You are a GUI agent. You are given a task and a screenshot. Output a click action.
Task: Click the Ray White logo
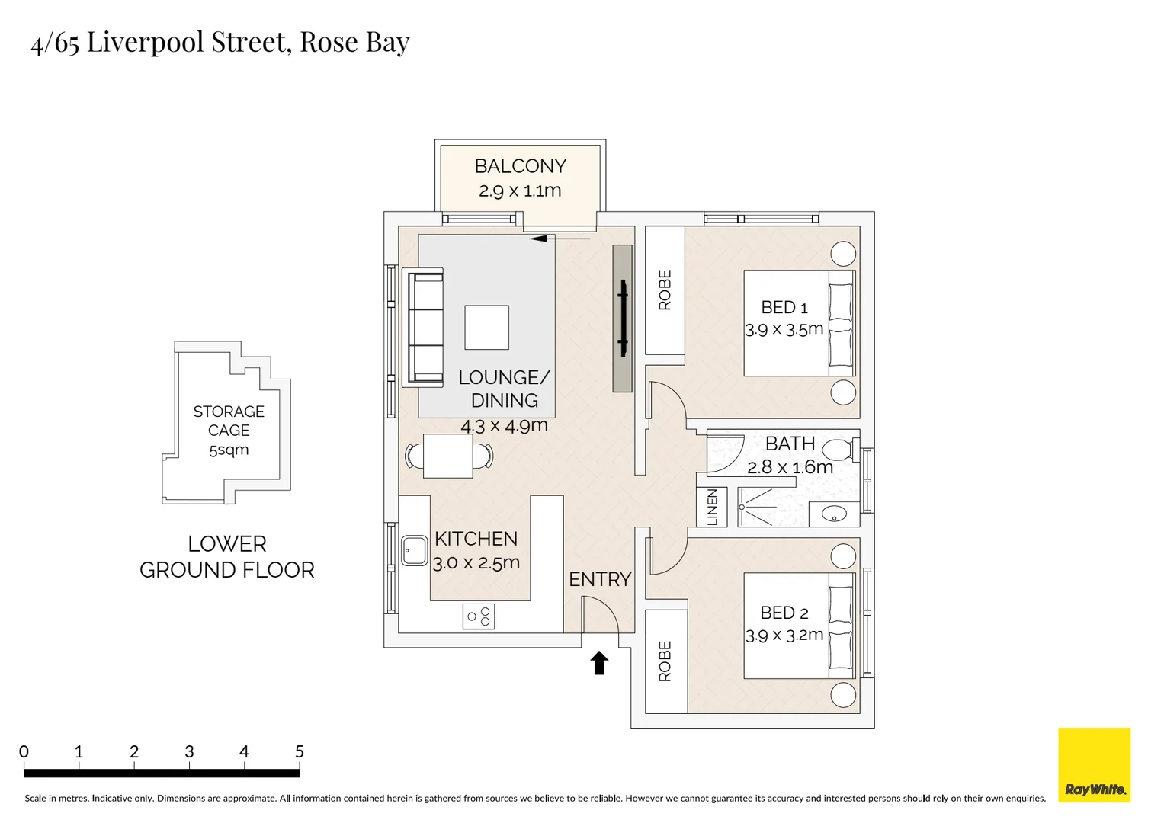click(1094, 765)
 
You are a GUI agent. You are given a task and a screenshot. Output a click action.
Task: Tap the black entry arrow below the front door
click(599, 663)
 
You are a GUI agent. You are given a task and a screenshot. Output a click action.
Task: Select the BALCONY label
click(520, 166)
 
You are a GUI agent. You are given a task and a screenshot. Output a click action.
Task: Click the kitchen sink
click(414, 550)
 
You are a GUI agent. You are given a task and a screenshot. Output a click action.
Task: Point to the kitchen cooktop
click(479, 616)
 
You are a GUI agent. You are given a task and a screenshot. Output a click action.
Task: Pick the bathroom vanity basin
click(834, 514)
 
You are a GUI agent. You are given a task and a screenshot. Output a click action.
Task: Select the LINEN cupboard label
click(712, 508)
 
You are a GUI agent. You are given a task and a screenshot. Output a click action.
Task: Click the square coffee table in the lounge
click(486, 327)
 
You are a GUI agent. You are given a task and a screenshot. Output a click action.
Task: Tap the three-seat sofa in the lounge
click(425, 327)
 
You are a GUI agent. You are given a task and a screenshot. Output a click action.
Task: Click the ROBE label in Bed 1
click(665, 290)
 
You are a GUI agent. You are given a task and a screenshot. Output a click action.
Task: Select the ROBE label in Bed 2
click(665, 661)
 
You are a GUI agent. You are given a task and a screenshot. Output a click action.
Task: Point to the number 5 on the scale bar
click(300, 752)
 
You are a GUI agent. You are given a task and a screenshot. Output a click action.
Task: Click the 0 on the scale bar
click(24, 752)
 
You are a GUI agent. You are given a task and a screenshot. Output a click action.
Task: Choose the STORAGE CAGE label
click(229, 421)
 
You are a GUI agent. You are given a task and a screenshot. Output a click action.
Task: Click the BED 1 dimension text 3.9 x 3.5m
click(784, 330)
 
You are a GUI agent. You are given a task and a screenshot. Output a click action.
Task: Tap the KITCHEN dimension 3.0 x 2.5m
click(476, 563)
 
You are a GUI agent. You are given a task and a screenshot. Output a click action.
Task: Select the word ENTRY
click(600, 580)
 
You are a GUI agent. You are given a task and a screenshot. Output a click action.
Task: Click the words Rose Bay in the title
click(354, 42)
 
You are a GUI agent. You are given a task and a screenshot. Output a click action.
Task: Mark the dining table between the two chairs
click(447, 456)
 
